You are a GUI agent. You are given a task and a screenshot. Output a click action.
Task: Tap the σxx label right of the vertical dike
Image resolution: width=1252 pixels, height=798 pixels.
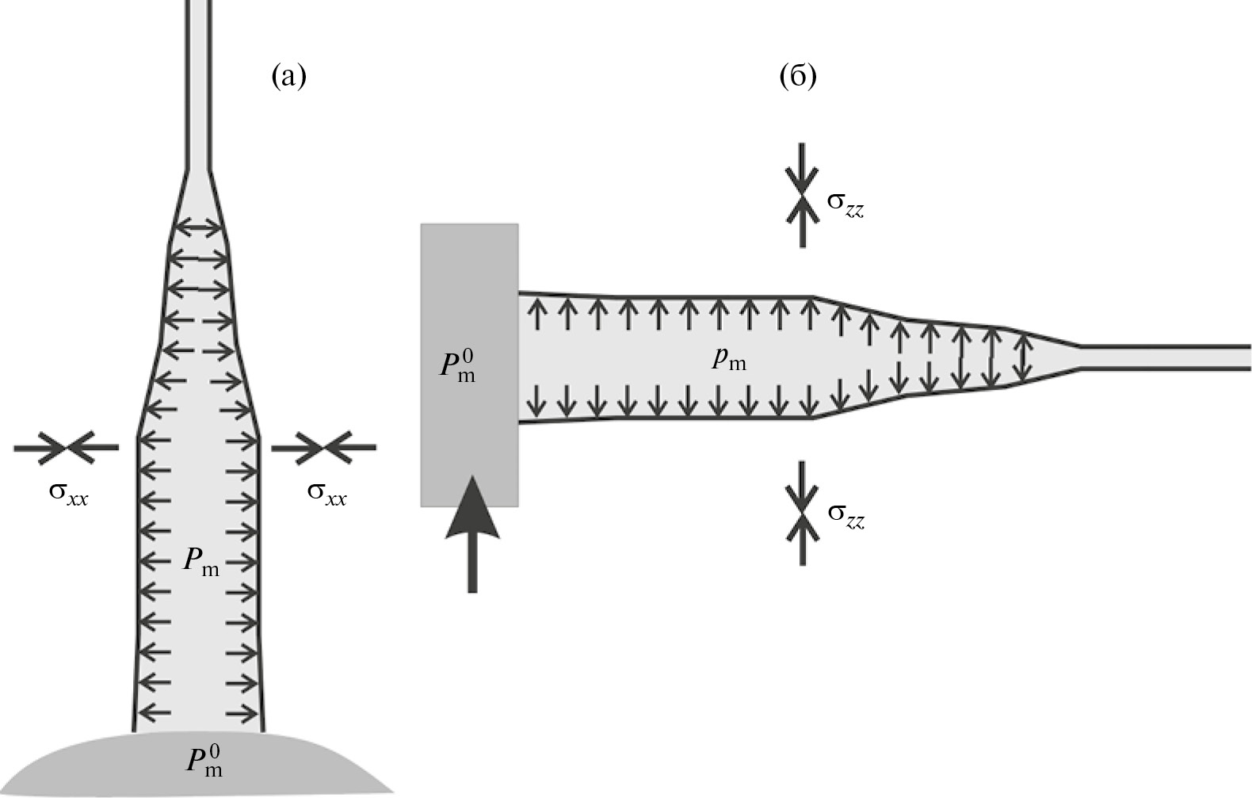(x=326, y=494)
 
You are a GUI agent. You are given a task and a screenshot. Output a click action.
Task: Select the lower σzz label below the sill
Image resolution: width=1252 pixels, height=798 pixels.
(x=845, y=515)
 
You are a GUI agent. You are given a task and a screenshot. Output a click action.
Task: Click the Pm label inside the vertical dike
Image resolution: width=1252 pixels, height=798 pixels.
(x=201, y=562)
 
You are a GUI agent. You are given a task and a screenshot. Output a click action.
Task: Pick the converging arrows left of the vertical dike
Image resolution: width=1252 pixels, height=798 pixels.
(x=67, y=448)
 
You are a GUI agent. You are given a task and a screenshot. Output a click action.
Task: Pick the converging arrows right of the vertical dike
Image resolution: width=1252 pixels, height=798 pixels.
(x=324, y=448)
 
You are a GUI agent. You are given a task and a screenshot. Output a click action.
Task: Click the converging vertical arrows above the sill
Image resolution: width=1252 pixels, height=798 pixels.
(x=803, y=195)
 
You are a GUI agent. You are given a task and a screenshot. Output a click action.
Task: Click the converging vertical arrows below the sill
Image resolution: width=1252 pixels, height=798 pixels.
(x=803, y=514)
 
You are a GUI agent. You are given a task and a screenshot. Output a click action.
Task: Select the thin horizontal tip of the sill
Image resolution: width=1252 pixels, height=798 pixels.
(x=1165, y=357)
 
